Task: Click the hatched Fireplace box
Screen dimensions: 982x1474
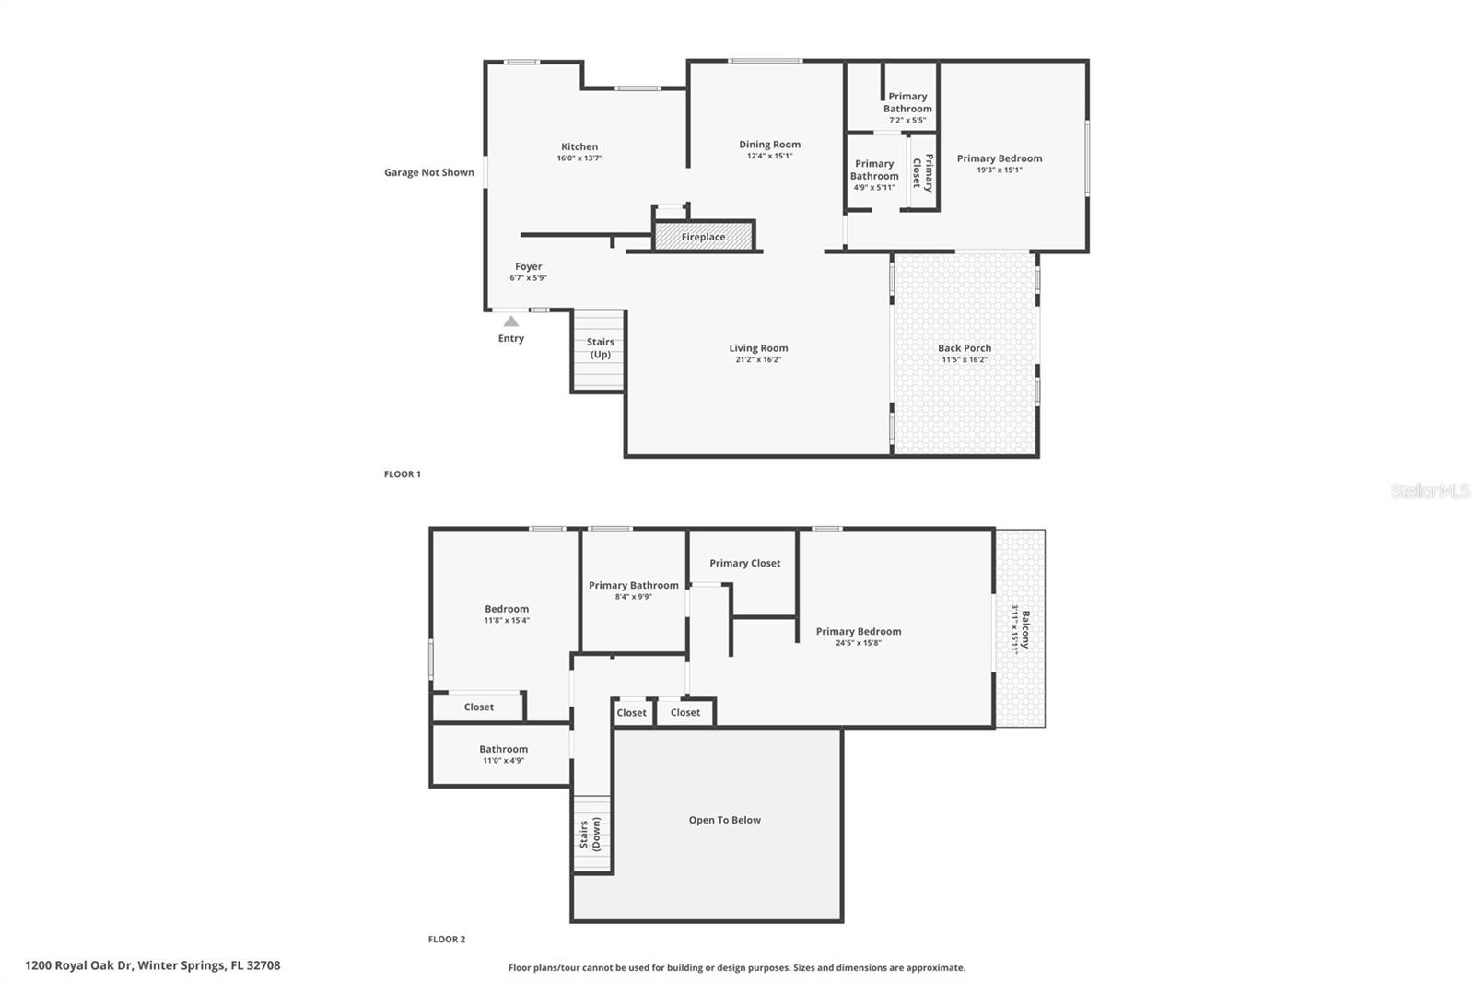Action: point(704,237)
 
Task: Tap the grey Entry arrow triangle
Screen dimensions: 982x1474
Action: point(510,321)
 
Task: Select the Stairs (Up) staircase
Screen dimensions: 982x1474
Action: point(599,351)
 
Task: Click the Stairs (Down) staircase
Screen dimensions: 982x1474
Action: point(591,834)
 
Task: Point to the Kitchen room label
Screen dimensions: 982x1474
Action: point(579,146)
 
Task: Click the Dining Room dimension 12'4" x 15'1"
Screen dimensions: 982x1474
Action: point(769,157)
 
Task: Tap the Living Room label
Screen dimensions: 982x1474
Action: point(758,348)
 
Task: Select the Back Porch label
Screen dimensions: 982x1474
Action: point(964,348)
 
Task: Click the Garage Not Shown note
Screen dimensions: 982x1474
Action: point(429,172)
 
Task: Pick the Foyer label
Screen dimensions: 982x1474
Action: point(528,266)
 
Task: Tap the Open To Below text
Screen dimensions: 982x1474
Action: point(724,820)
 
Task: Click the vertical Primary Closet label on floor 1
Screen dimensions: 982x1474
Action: point(923,172)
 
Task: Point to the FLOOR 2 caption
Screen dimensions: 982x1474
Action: point(447,940)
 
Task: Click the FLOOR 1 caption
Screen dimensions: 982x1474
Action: point(403,474)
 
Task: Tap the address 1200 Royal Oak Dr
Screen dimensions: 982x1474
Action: point(153,965)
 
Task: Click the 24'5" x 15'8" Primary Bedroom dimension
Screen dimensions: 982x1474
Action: point(858,643)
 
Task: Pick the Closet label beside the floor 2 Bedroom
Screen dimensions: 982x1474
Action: point(478,707)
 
